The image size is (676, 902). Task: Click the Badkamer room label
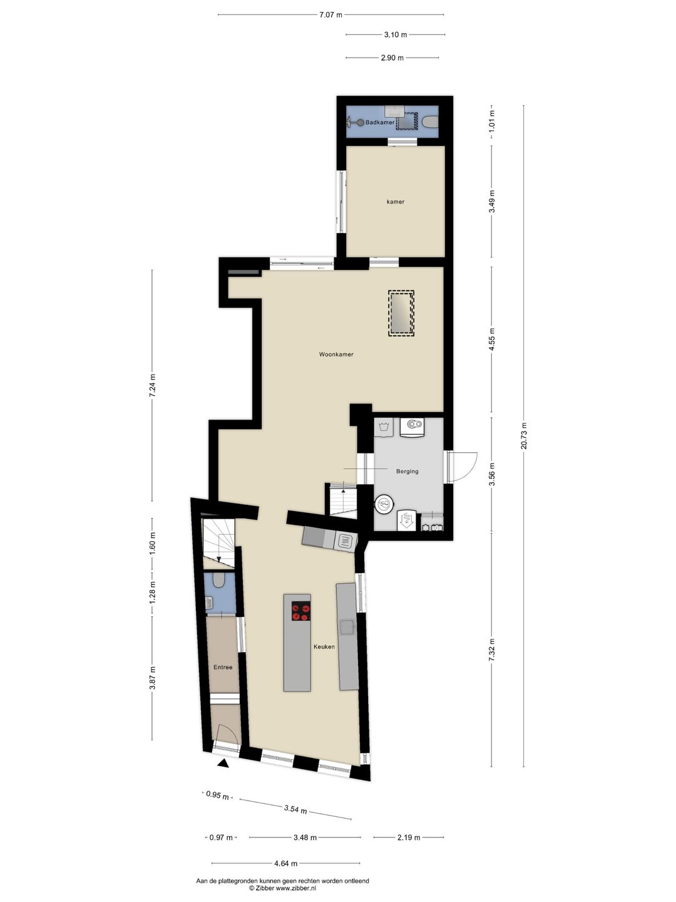pos(380,122)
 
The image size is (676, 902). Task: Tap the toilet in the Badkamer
pos(430,122)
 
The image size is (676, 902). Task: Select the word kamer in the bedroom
pos(395,202)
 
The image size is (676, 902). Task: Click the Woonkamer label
pos(336,355)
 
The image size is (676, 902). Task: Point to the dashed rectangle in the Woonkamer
pos(401,314)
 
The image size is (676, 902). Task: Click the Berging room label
pos(407,471)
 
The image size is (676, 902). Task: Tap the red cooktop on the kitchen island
pos(301,611)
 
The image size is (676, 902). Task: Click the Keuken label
pos(324,646)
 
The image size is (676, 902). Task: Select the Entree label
pos(223,667)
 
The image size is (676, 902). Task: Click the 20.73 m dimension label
pos(524,436)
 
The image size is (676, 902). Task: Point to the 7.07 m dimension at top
pos(330,15)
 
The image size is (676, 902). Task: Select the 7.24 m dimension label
pos(152,385)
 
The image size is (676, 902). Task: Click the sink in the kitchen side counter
pos(347,626)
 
